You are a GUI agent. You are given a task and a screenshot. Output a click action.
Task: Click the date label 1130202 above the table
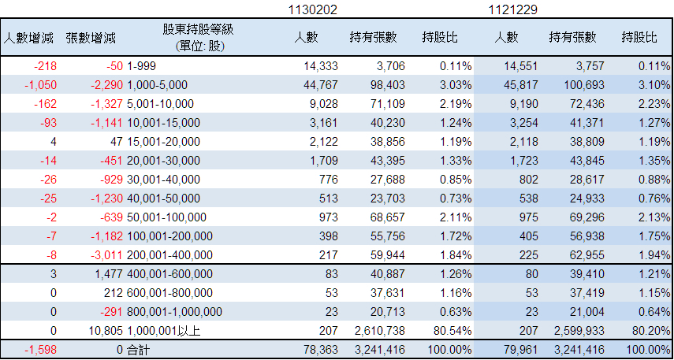pyautogui.click(x=312, y=10)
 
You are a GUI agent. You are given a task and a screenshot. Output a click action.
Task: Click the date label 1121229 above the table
pyautogui.click(x=513, y=10)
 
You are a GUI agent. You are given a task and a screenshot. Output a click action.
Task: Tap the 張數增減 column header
pyautogui.click(x=91, y=39)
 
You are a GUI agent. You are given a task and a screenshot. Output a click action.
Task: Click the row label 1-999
pyautogui.click(x=141, y=66)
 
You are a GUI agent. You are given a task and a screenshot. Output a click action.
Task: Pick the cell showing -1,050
pyautogui.click(x=40, y=85)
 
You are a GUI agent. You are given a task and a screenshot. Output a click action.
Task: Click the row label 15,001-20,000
pyautogui.click(x=163, y=142)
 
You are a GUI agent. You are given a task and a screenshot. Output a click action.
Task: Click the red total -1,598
pyautogui.click(x=40, y=350)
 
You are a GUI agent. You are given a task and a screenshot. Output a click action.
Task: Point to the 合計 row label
pyautogui.click(x=139, y=350)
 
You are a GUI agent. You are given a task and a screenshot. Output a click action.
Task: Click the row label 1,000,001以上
pyautogui.click(x=164, y=331)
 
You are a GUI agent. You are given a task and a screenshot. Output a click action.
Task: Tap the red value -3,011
pyautogui.click(x=107, y=255)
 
